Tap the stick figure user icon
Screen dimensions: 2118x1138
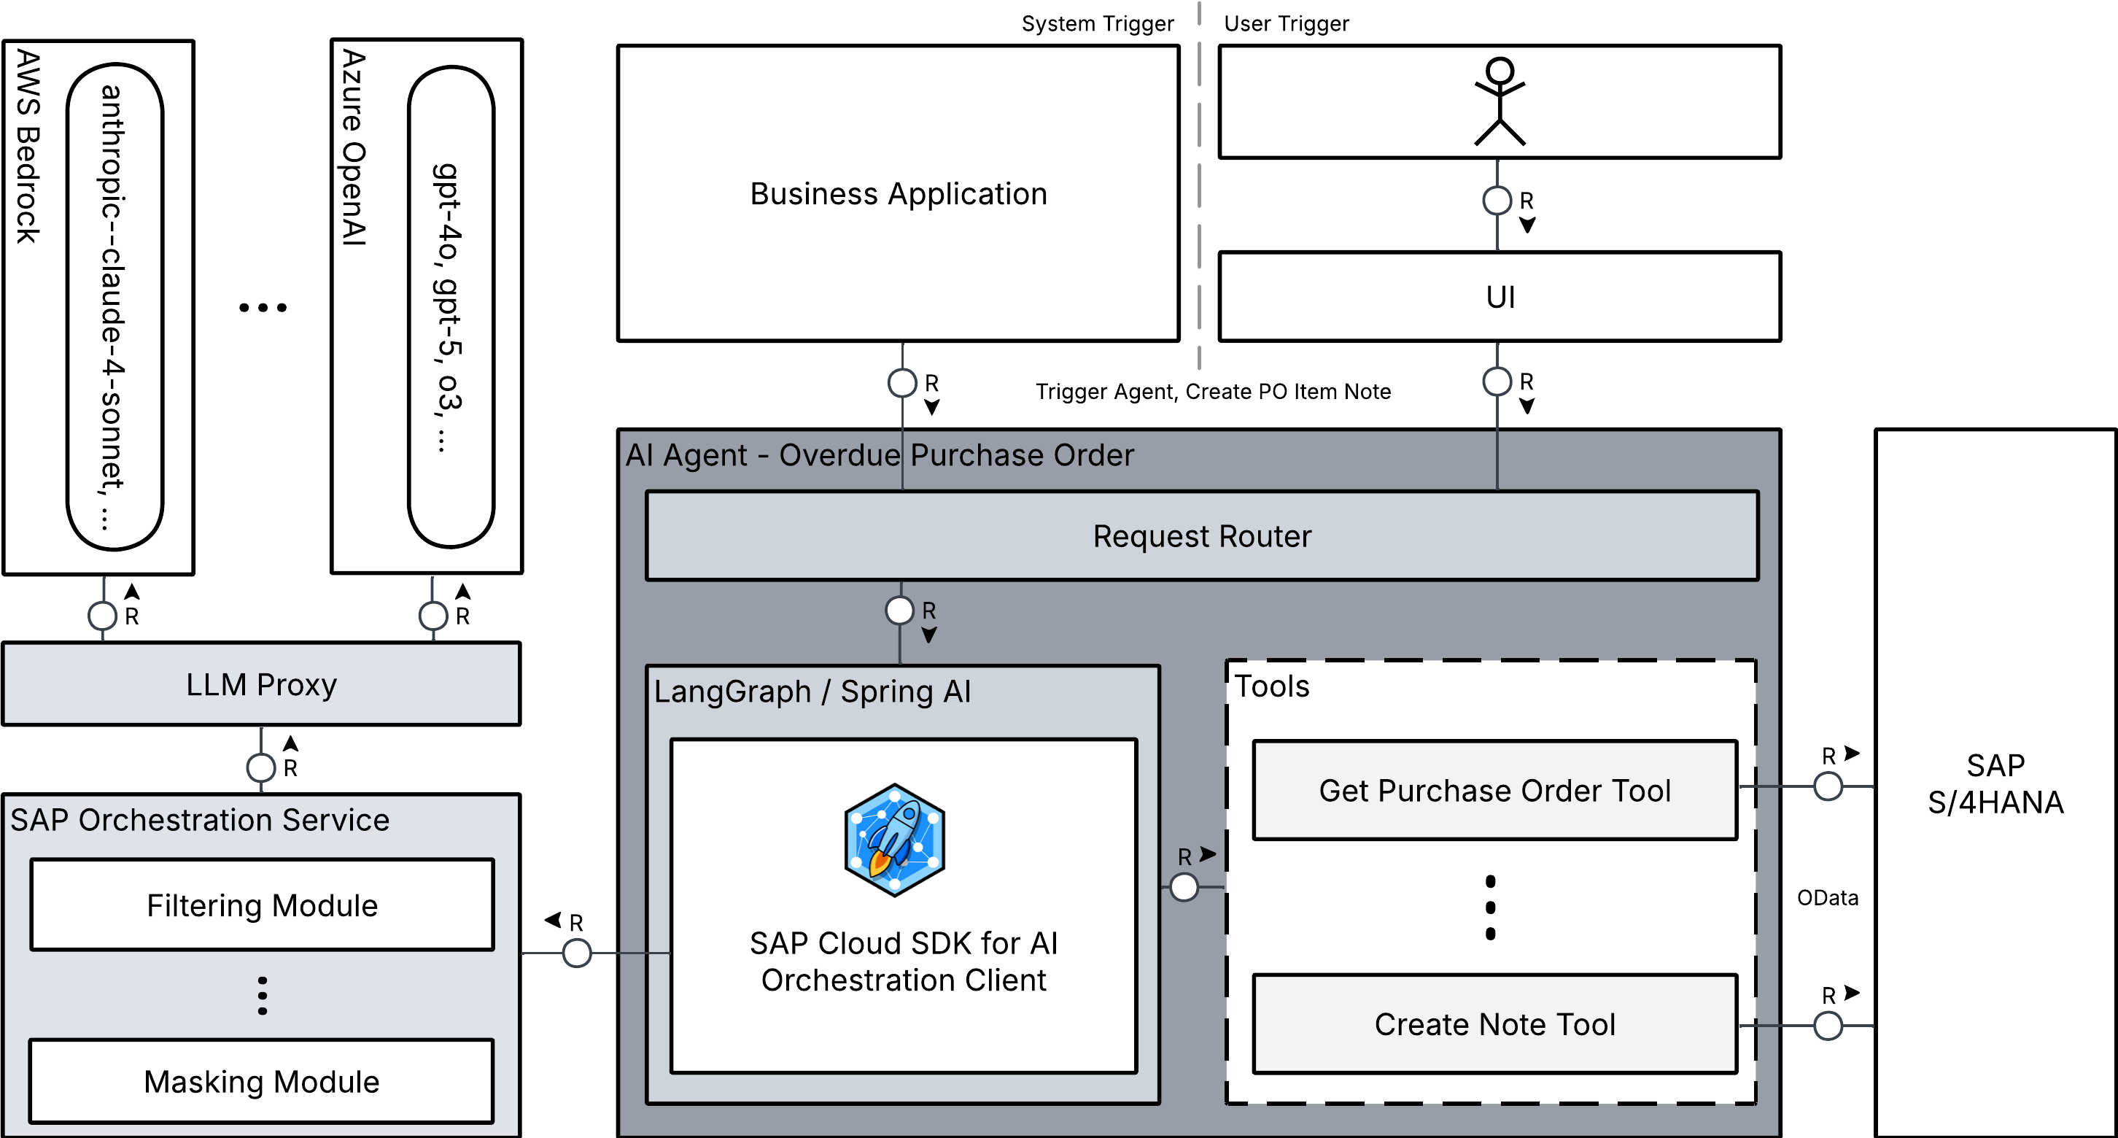(x=1500, y=101)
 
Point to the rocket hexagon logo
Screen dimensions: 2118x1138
(x=895, y=840)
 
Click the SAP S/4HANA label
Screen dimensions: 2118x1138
(x=1995, y=783)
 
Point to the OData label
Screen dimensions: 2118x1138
(x=1827, y=898)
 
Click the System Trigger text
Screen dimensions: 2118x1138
(x=1098, y=24)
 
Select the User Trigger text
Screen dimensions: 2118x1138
(x=1286, y=24)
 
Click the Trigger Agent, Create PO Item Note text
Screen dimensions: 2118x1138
(x=1213, y=392)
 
